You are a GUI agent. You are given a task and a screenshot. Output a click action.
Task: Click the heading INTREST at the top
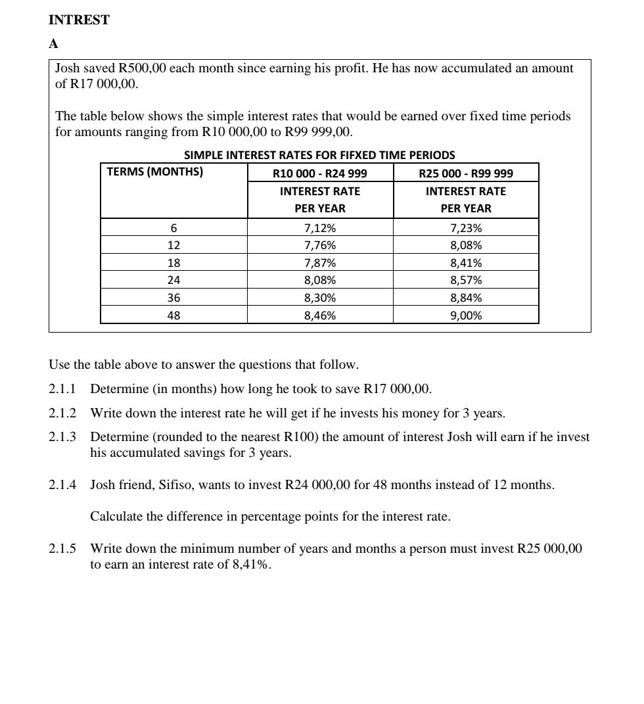79,20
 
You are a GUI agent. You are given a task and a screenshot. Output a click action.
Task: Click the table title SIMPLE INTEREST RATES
319,155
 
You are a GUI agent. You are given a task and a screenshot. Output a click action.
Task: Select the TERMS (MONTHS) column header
155,173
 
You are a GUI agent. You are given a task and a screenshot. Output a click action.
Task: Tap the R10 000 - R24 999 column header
319,174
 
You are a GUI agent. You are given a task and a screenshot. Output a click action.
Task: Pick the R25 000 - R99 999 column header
466,174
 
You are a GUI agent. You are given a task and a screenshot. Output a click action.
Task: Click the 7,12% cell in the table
320,229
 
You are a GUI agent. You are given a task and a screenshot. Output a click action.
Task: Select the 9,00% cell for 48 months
466,316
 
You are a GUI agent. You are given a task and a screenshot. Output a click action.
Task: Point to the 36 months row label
173,298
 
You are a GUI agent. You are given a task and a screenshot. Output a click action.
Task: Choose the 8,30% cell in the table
320,298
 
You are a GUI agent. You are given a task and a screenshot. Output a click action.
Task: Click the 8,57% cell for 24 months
466,280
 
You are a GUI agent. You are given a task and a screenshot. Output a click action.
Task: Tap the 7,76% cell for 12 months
320,246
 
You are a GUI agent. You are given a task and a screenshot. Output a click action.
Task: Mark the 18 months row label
173,263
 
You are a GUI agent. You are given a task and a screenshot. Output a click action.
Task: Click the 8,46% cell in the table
320,316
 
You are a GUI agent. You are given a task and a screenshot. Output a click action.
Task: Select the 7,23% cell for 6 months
466,229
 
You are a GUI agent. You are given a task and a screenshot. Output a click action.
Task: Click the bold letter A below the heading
53,44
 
